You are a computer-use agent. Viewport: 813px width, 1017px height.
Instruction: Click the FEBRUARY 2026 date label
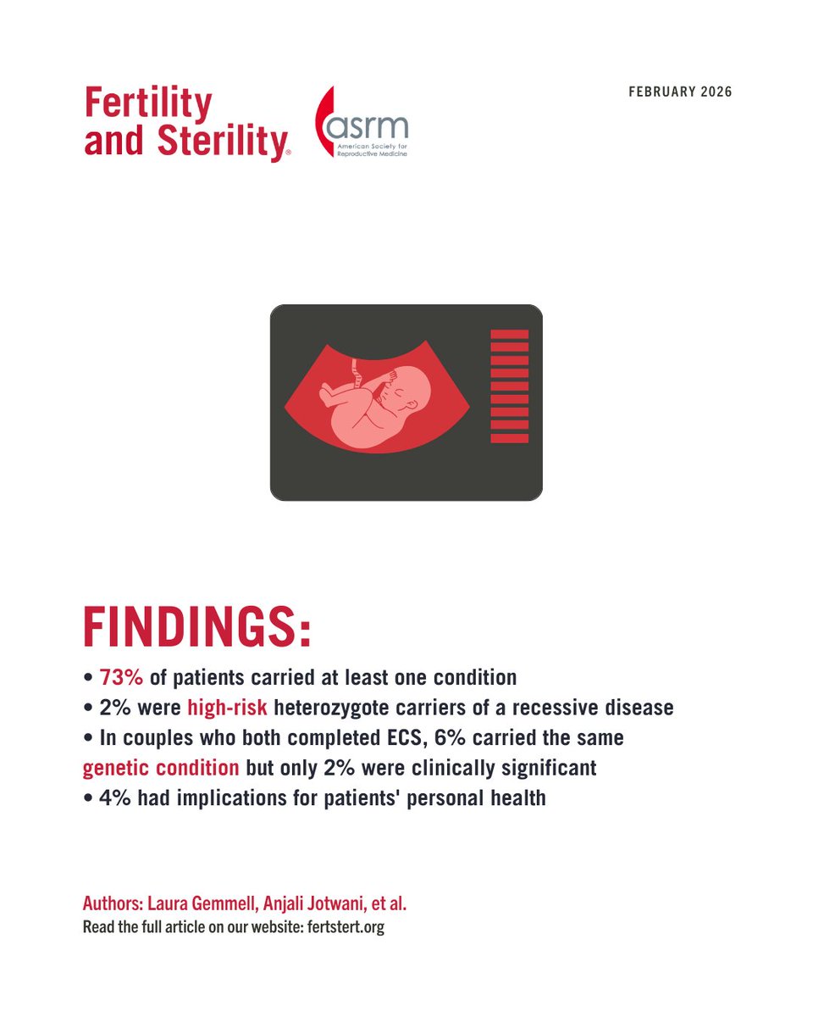tap(680, 92)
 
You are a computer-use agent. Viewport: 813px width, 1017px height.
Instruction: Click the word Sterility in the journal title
tap(222, 141)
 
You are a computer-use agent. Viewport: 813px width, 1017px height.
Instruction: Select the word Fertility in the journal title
tap(147, 103)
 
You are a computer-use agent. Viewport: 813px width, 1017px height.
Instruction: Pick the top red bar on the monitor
tap(510, 334)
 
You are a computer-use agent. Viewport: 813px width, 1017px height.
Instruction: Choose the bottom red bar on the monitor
tap(510, 438)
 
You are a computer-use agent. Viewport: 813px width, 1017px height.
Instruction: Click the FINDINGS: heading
tap(197, 628)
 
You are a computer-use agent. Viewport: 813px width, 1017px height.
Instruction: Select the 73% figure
tap(122, 678)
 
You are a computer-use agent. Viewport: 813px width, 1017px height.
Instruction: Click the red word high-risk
tap(227, 708)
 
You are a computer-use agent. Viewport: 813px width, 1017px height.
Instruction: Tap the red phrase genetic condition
tap(161, 769)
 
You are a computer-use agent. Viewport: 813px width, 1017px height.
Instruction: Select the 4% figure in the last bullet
tap(113, 798)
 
